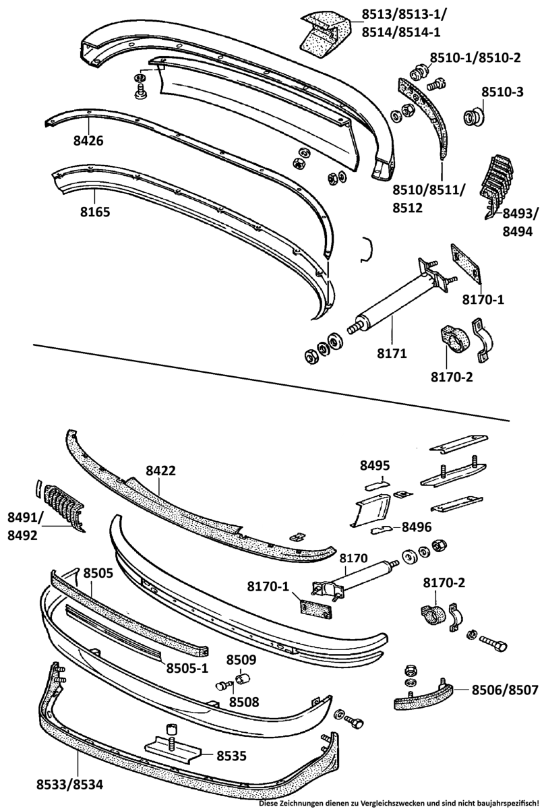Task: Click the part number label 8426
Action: (90, 142)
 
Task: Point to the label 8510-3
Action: (502, 92)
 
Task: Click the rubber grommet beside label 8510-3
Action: (474, 116)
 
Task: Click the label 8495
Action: (375, 466)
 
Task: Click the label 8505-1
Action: (188, 669)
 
